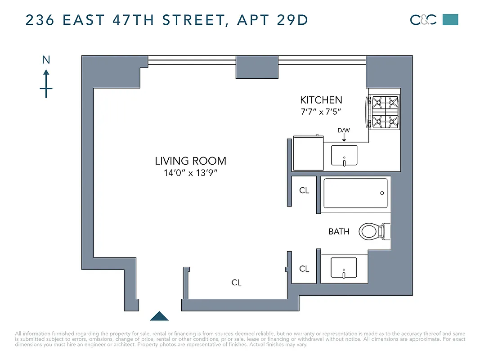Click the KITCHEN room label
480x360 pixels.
(x=321, y=100)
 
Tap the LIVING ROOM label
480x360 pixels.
(x=190, y=161)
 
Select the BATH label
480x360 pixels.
(x=339, y=232)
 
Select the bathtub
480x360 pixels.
(x=355, y=193)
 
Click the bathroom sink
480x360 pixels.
(x=344, y=268)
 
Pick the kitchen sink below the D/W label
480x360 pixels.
(x=344, y=156)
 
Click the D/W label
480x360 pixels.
(x=344, y=130)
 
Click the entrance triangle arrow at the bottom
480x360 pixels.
(x=159, y=316)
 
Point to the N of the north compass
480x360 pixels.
(x=46, y=60)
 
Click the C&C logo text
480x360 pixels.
(x=423, y=20)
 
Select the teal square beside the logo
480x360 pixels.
(x=450, y=19)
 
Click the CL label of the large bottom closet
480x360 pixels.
(x=237, y=283)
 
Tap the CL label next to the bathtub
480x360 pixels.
(x=304, y=190)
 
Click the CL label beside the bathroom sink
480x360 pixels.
(x=304, y=269)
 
